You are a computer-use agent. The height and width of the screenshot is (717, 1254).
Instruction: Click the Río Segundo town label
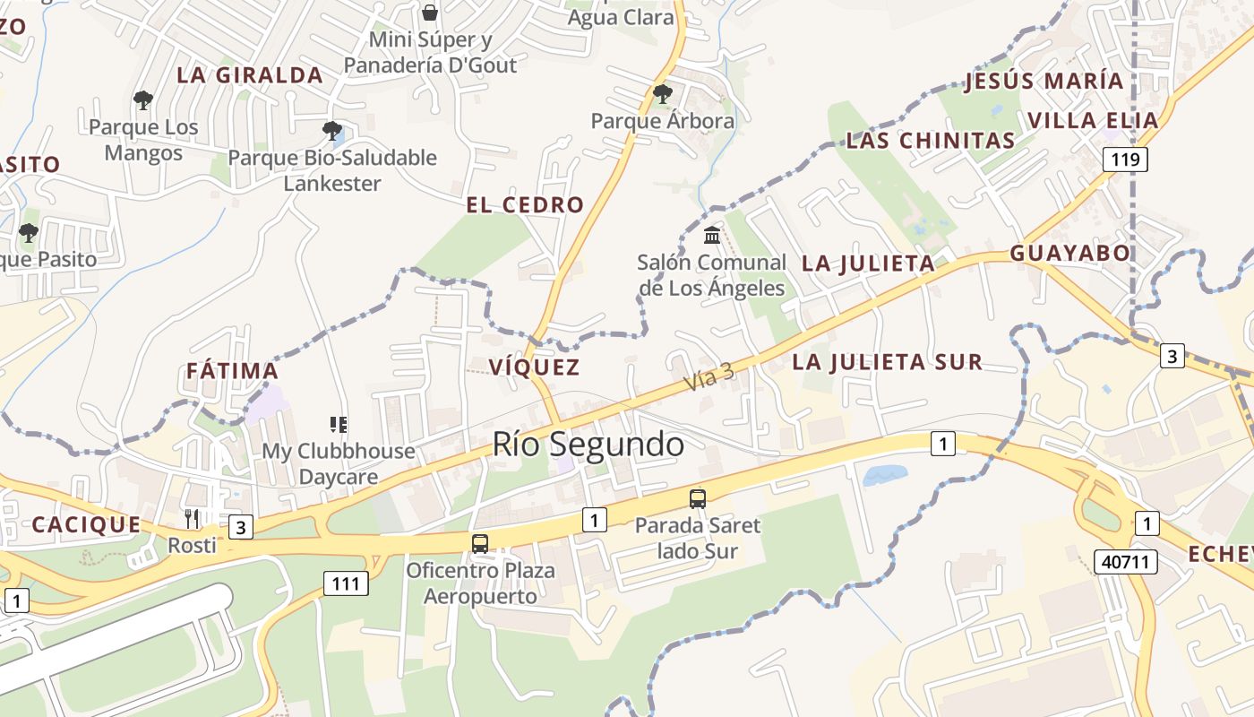click(x=588, y=444)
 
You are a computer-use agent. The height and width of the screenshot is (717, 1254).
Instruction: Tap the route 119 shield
click(x=1125, y=160)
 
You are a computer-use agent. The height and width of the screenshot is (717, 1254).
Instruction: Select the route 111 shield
click(x=345, y=584)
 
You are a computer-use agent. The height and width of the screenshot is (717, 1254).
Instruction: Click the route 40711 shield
click(x=1125, y=563)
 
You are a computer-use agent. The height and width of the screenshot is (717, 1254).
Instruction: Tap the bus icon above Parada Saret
click(x=697, y=499)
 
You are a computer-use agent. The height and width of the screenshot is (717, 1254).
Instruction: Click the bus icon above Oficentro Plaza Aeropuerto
click(x=480, y=543)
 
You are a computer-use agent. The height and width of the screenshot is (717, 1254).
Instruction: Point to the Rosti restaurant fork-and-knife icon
click(x=192, y=518)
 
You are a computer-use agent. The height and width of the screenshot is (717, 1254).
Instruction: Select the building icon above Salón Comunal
click(x=712, y=236)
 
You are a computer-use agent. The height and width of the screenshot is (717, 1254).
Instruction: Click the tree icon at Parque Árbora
click(x=662, y=93)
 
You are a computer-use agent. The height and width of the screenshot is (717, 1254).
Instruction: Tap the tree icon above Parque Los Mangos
click(x=142, y=100)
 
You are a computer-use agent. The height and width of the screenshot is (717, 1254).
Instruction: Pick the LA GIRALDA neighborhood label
click(x=250, y=75)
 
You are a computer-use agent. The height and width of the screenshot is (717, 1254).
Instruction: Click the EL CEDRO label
click(x=525, y=205)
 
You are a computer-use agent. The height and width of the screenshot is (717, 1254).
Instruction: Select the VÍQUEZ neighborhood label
click(x=535, y=367)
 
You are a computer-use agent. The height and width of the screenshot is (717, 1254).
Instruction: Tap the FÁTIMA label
click(x=232, y=371)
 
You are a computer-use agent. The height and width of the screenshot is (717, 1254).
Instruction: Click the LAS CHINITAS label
click(x=931, y=141)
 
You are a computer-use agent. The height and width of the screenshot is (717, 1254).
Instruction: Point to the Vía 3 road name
click(x=709, y=376)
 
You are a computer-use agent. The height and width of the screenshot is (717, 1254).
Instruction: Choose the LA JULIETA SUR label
click(x=888, y=362)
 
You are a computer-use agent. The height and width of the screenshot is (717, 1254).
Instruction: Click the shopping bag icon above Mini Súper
click(x=430, y=13)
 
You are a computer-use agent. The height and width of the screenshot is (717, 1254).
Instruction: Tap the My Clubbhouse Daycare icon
click(x=338, y=424)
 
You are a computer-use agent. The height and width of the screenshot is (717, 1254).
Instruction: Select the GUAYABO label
click(x=1070, y=254)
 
